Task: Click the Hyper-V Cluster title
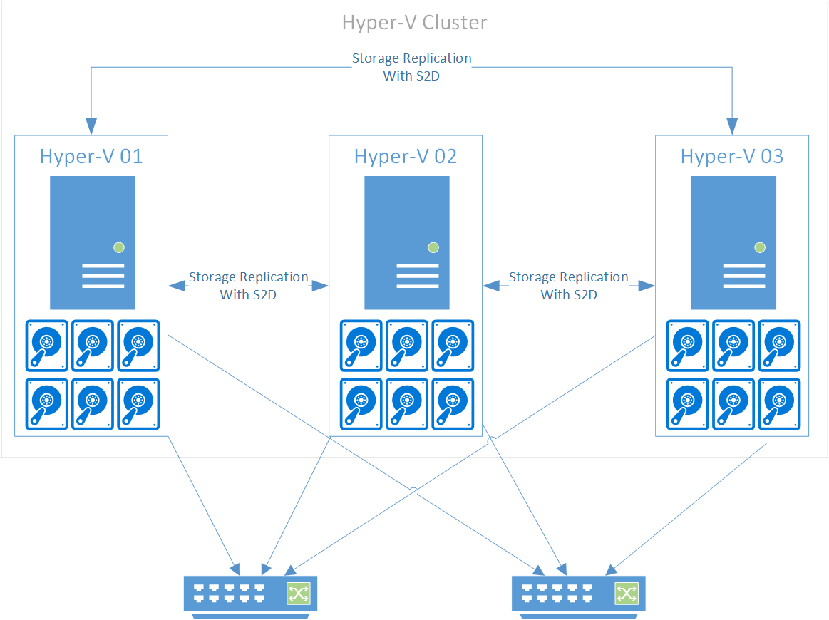pos(414,23)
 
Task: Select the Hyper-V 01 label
pos(91,157)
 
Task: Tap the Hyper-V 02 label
pos(406,157)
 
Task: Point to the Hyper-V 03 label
pos(732,157)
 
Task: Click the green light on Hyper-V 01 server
pos(119,247)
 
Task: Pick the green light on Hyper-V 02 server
pos(433,247)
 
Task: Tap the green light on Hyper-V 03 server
pos(760,247)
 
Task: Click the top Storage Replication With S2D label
pos(412,67)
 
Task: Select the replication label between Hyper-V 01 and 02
pos(248,286)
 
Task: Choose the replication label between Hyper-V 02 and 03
pos(569,286)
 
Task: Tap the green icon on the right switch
pos(627,593)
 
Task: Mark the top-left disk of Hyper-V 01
pos(47,346)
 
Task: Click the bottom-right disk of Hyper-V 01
pos(138,404)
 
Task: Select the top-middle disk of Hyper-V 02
pos(407,346)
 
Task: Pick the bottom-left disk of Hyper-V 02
pos(361,404)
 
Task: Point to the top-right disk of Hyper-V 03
pos(779,346)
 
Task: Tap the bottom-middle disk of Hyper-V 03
pos(733,404)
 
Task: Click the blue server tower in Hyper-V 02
pos(407,242)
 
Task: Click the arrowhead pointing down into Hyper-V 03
pos(732,127)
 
